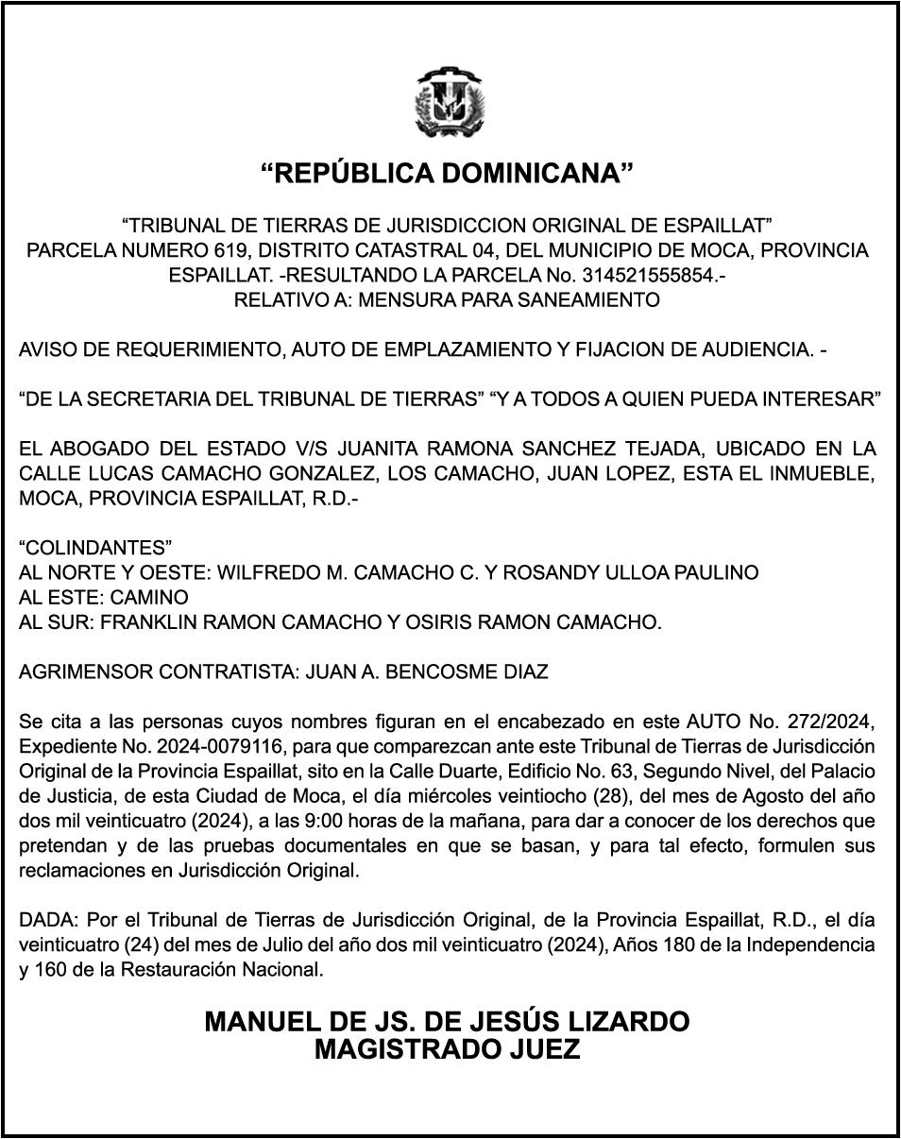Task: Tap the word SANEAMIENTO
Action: (584, 300)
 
